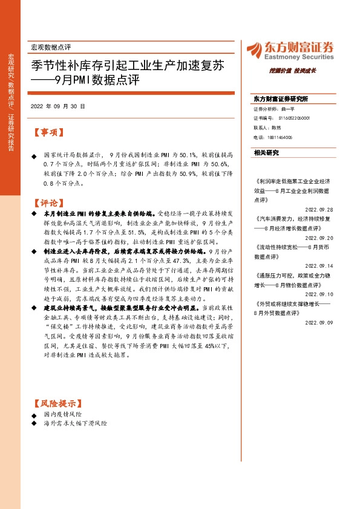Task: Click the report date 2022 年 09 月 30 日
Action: tap(57, 106)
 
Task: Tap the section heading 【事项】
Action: tap(48, 132)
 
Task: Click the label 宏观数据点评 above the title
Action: tap(50, 47)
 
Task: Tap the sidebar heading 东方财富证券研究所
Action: tap(281, 99)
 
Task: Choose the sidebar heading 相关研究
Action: tap(266, 153)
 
